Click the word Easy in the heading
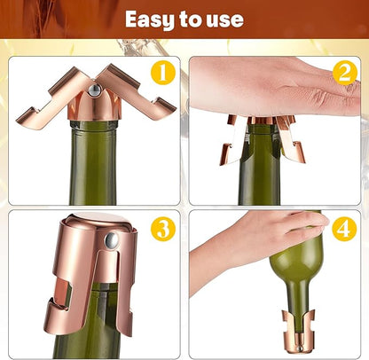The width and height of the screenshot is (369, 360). coord(150,20)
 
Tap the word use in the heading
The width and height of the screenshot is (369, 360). coord(224,20)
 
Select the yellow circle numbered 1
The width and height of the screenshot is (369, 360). coord(163,73)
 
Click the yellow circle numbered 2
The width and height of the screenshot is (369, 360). coord(345,73)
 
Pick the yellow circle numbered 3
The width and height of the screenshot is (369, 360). coord(163,229)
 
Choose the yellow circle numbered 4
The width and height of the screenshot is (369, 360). coord(344,229)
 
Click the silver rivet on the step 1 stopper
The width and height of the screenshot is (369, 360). coord(94,90)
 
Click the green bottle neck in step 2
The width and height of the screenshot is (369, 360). coord(259,166)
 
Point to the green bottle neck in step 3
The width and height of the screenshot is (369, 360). coord(89,322)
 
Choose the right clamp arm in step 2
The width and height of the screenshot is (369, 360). coord(290,139)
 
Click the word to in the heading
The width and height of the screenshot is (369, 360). coord(190,20)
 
